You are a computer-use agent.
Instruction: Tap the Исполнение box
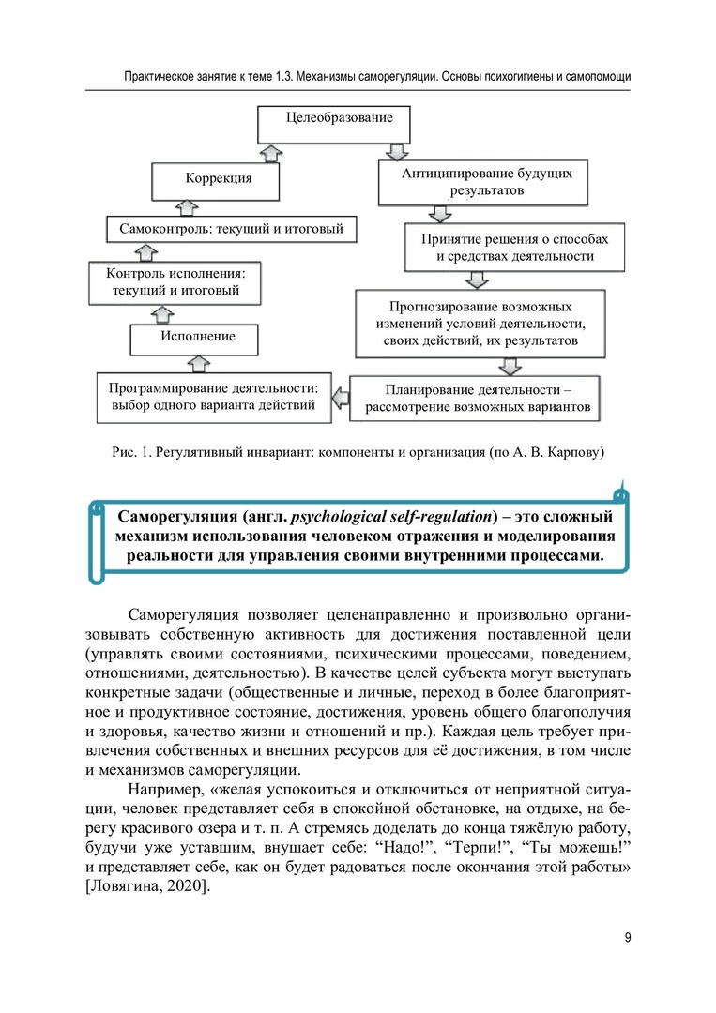[196, 336]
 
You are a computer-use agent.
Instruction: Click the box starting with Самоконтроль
[231, 228]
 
